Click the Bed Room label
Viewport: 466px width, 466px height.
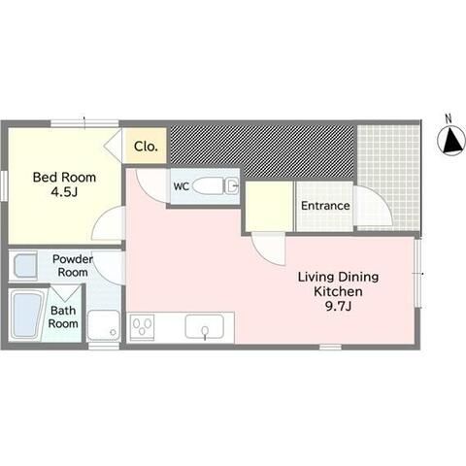tap(64, 178)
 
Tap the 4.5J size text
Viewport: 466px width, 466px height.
tap(64, 192)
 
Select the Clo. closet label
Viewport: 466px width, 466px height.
tap(146, 147)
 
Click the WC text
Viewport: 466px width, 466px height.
tap(182, 186)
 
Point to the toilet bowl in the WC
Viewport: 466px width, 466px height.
tap(208, 186)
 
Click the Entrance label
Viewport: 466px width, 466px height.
tap(325, 206)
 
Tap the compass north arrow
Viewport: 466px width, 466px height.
tap(452, 141)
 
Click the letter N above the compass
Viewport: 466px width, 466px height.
tap(449, 118)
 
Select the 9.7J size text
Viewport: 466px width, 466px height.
tap(338, 306)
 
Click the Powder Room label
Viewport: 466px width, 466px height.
tap(73, 265)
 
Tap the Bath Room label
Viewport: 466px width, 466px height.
tap(63, 316)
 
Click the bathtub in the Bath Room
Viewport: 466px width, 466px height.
tap(27, 314)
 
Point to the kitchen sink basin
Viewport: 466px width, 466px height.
tap(204, 327)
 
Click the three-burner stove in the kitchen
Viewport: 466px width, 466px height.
tap(142, 326)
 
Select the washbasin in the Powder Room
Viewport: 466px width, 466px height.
tap(24, 266)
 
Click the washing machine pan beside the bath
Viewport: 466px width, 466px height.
tap(104, 325)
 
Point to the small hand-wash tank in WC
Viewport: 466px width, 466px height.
tap(232, 186)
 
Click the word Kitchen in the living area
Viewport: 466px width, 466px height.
tap(338, 291)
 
